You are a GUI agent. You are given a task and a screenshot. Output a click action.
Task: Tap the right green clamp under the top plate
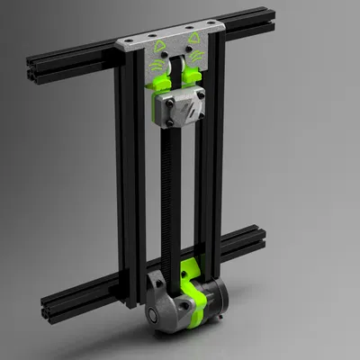(x=194, y=79)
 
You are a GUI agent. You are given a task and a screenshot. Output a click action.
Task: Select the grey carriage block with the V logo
(x=177, y=112)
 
